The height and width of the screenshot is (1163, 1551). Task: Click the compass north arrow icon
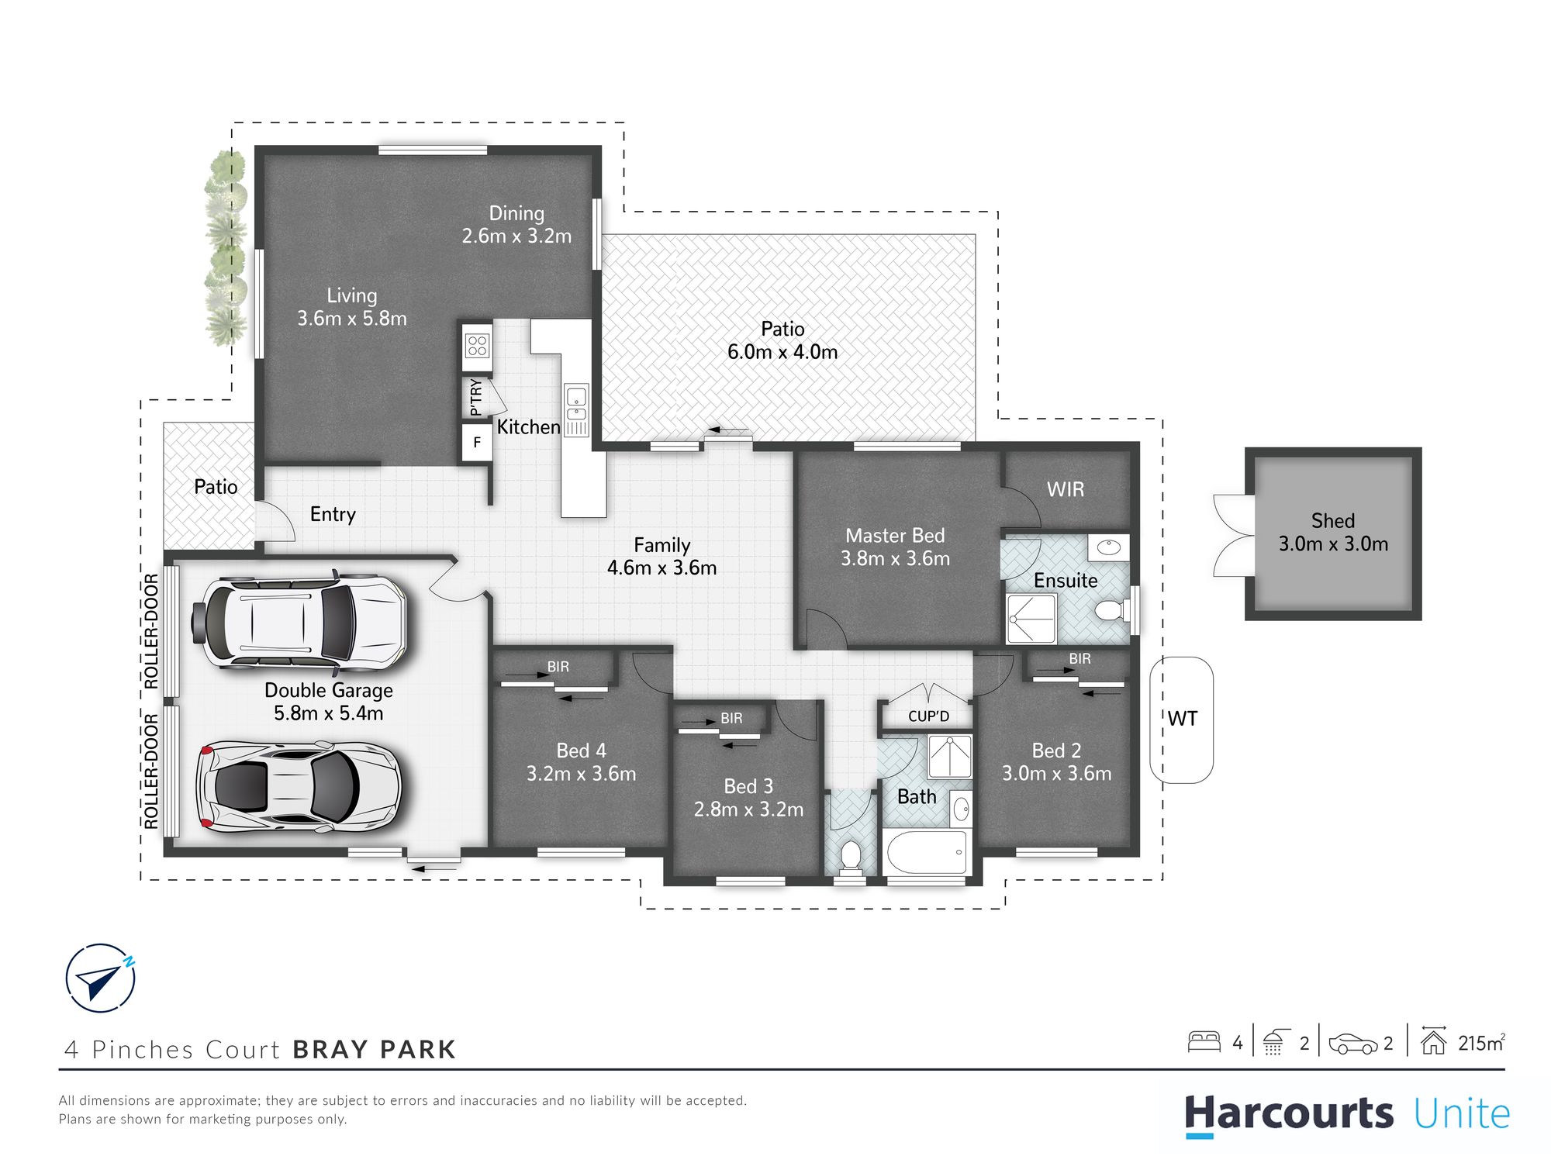(101, 978)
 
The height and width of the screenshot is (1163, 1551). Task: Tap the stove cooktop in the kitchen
(477, 345)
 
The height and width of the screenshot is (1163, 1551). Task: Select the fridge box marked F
(477, 443)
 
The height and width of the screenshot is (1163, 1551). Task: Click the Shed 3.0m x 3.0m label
(1333, 533)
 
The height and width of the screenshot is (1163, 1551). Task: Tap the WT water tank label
(1182, 719)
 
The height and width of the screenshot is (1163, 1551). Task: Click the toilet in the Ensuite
(1111, 610)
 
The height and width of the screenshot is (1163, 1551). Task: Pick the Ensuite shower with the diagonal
(1031, 619)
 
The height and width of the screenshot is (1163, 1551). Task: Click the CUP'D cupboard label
(928, 716)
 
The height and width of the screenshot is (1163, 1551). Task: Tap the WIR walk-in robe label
(1066, 489)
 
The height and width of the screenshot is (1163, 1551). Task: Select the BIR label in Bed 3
(731, 718)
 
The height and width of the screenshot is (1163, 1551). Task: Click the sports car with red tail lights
(299, 787)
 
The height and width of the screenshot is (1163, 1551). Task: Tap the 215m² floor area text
(1481, 1043)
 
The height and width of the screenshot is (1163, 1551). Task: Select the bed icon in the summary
(1204, 1041)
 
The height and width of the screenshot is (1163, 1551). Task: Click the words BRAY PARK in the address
(375, 1049)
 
